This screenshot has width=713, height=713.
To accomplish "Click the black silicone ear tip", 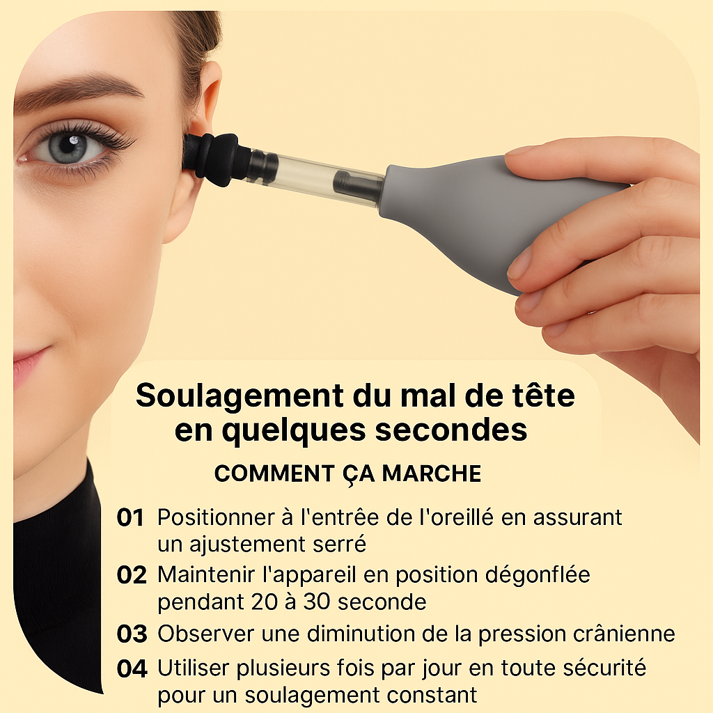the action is [211, 159].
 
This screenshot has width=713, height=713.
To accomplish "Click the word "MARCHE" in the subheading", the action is [432, 473].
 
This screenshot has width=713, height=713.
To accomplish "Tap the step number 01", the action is [130, 518].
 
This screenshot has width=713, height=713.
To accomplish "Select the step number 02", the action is [132, 575].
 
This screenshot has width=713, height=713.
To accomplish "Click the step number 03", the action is [132, 634].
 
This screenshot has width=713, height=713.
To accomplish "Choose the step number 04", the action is [132, 669].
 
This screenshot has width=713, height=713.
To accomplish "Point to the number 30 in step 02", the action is [317, 602].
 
